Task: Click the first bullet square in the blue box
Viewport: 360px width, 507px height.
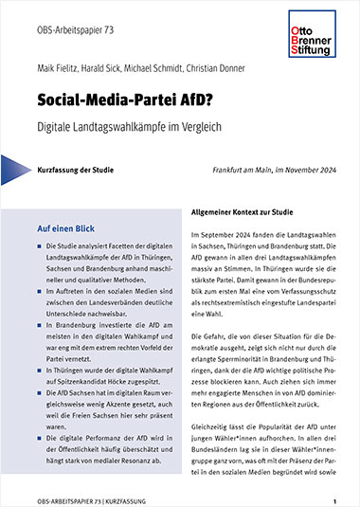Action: [39, 246]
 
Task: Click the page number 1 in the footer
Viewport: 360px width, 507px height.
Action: [334, 498]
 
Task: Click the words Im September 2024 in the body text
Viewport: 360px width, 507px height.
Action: [221, 233]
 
